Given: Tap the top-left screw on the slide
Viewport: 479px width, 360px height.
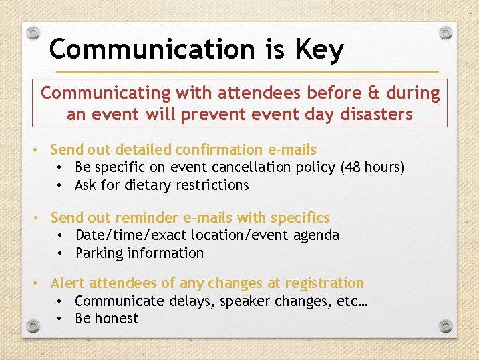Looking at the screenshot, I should pyautogui.click(x=34, y=32).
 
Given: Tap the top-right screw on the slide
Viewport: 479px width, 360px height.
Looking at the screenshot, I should pyautogui.click(x=447, y=32).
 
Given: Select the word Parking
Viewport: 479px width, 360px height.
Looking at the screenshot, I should pyautogui.click(x=99, y=253).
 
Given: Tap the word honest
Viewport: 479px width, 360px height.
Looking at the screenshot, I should pyautogui.click(x=116, y=318).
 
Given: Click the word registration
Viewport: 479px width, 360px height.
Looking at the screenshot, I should pyautogui.click(x=322, y=283).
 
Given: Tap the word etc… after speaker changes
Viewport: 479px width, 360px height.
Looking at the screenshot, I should pyautogui.click(x=353, y=301).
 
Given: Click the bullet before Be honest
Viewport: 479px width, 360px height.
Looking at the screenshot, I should pyautogui.click(x=59, y=319).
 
